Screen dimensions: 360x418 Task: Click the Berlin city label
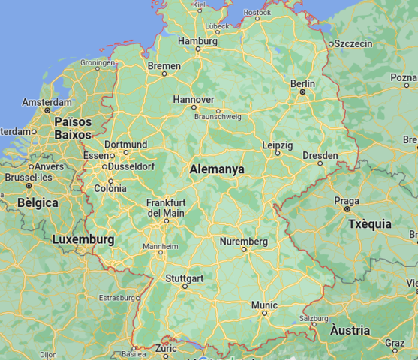coord(302,82)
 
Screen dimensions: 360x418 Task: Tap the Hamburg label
coord(198,40)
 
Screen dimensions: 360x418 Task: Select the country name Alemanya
coord(217,169)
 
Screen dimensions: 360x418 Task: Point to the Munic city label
coord(264,304)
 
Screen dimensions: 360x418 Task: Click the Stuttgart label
coord(184,278)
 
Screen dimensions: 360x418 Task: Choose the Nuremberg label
coord(244,241)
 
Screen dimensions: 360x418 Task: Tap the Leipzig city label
coord(277,144)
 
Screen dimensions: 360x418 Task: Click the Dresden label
coord(320,155)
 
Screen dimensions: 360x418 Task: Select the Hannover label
coord(194,99)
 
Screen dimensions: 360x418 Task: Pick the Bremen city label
coord(164,66)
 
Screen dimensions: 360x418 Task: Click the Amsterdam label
coord(47,102)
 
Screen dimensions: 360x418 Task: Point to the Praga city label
coord(346,201)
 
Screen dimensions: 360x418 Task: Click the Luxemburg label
coord(83,239)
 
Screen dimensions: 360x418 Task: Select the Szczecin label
coord(353,43)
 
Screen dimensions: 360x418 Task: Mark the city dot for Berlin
coord(302,91)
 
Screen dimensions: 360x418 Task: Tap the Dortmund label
coord(125,144)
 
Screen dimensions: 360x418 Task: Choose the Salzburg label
coord(314,318)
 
